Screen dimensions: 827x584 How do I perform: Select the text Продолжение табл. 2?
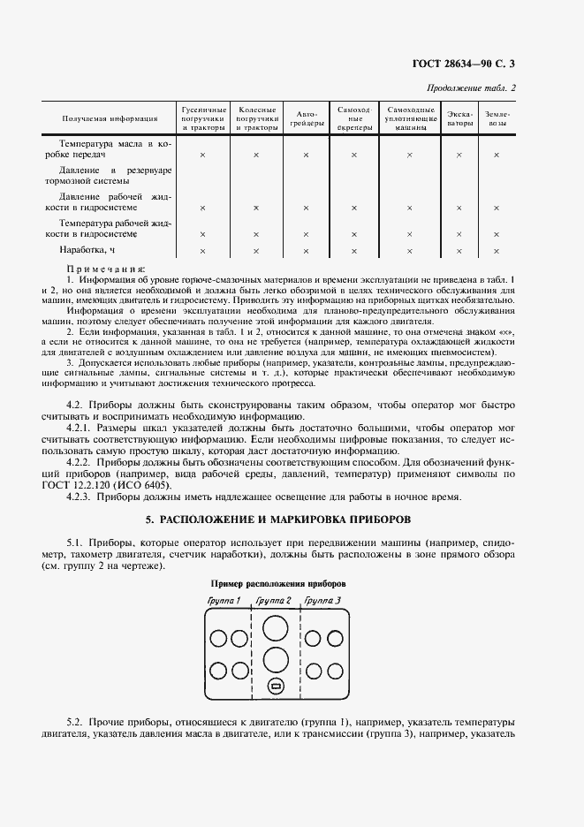(472, 87)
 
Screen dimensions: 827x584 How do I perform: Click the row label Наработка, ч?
(87, 251)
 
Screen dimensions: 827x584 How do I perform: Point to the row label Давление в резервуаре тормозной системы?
(115, 175)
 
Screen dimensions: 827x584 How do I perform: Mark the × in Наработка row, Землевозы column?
(497, 252)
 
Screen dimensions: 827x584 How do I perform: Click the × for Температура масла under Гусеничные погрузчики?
(202, 156)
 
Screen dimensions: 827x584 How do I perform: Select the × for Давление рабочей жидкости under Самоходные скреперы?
(353, 208)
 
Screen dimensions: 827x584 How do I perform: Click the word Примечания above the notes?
(106, 269)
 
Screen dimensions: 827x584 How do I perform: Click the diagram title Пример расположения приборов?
(277, 584)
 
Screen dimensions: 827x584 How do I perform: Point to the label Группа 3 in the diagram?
(322, 601)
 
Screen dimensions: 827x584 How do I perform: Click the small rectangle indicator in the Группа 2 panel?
(276, 687)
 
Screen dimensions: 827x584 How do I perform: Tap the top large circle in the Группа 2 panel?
(276, 630)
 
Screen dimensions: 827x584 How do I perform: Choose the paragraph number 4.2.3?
(82, 497)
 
